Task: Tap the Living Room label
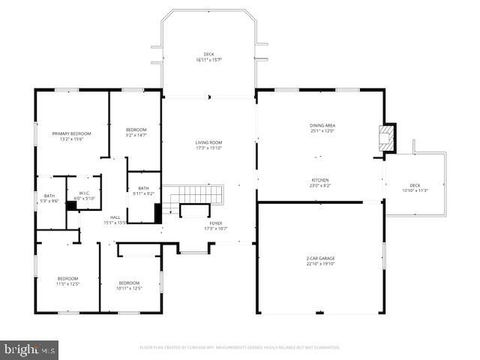[x=209, y=142]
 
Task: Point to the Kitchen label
[x=320, y=180]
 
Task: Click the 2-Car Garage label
[x=320, y=258]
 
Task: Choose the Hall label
[x=115, y=217]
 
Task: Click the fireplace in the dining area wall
[x=388, y=138]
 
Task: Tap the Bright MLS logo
[x=30, y=349]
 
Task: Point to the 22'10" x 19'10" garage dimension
[x=320, y=264]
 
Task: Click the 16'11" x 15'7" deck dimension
[x=209, y=59]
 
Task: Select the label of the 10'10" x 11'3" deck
[x=415, y=185]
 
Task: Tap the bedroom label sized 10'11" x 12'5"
[x=129, y=282]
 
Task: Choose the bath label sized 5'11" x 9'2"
[x=143, y=188]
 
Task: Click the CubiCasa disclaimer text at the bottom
[x=240, y=347]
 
